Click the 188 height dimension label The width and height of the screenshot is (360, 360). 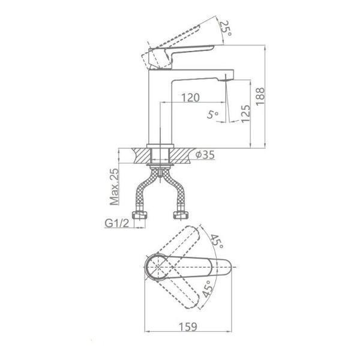pyautogui.click(x=260, y=96)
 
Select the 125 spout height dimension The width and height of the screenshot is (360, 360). pyautogui.click(x=245, y=113)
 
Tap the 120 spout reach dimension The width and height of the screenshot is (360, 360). pyautogui.click(x=190, y=98)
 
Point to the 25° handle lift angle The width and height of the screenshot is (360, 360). pyautogui.click(x=226, y=28)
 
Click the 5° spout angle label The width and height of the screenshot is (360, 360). pyautogui.click(x=212, y=115)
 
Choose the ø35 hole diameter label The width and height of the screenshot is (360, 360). pyautogui.click(x=205, y=155)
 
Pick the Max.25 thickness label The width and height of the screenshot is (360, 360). pyautogui.click(x=115, y=187)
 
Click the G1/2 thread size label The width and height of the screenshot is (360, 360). pyautogui.click(x=117, y=223)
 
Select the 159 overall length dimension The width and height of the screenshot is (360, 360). pyautogui.click(x=188, y=327)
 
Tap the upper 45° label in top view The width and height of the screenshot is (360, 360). pyautogui.click(x=217, y=242)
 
